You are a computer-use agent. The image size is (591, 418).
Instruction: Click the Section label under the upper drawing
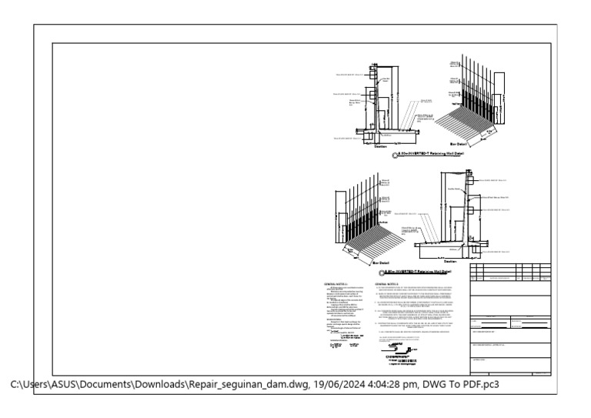tap(381, 146)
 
